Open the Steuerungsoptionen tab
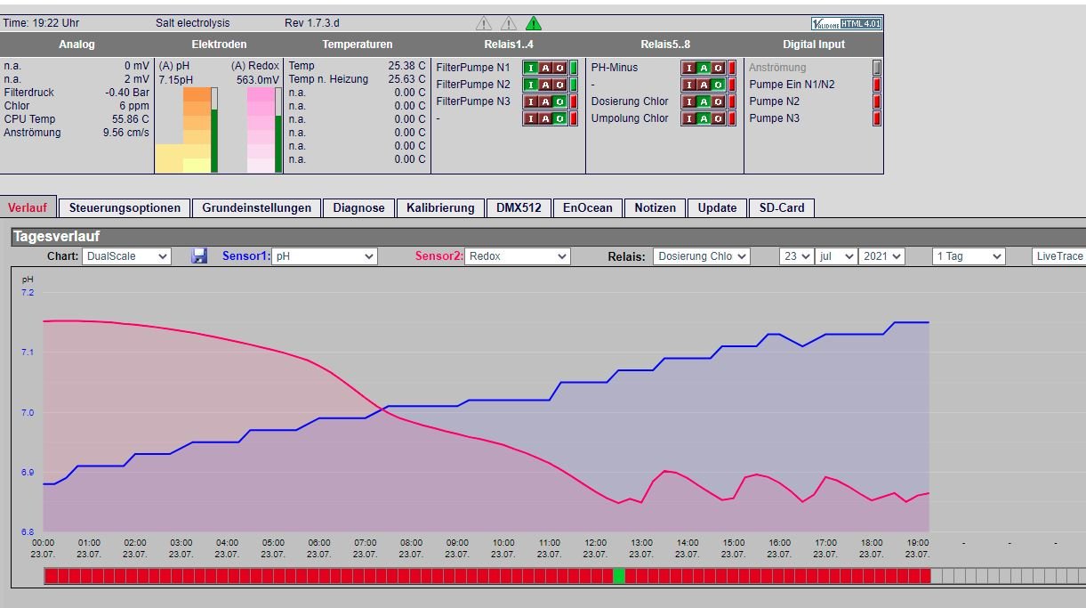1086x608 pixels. coord(125,207)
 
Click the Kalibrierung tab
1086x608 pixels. coord(440,207)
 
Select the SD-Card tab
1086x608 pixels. coord(782,207)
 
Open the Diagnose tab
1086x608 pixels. coord(358,207)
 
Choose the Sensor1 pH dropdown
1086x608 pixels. coord(325,256)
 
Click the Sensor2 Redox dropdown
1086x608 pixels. coord(518,256)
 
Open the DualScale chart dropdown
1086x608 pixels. coord(126,256)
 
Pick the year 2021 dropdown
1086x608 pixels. coord(881,256)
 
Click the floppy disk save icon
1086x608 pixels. coord(198,255)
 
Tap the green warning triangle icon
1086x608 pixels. coord(534,23)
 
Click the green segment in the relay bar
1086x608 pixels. coord(619,576)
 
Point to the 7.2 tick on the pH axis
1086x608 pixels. coord(28,293)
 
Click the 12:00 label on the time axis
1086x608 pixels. coord(595,542)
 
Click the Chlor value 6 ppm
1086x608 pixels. coord(134,106)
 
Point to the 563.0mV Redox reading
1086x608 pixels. coord(257,79)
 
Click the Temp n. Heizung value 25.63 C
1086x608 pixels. coord(406,79)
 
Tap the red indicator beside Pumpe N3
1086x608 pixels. coord(877,118)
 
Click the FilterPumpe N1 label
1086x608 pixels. coord(472,68)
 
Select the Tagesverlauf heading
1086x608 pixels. coord(56,236)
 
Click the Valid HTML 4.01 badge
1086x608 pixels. coord(847,23)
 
